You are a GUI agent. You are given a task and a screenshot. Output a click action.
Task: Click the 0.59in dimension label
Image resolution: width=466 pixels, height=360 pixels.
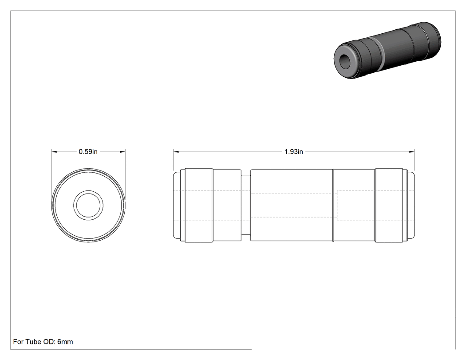tap(88, 152)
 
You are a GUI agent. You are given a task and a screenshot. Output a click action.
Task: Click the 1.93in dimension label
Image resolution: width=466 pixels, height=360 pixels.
tap(294, 152)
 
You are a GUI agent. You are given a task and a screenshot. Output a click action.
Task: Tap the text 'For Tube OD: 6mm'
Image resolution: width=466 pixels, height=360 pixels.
tap(43, 341)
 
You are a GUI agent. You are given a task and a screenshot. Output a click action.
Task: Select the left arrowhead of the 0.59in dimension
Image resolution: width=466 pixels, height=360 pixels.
tap(54, 152)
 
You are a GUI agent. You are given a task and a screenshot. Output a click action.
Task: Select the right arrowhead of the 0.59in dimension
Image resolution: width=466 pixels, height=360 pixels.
tap(122, 152)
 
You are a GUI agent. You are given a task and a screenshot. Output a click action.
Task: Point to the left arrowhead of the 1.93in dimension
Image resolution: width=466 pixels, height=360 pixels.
tap(176, 152)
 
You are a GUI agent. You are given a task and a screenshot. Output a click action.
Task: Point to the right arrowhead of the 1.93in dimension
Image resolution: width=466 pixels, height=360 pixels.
tap(412, 152)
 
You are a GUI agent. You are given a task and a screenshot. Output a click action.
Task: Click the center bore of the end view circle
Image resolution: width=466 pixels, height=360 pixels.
tap(88, 206)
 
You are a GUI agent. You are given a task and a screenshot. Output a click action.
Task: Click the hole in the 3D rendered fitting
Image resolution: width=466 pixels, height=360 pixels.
tap(346, 61)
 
